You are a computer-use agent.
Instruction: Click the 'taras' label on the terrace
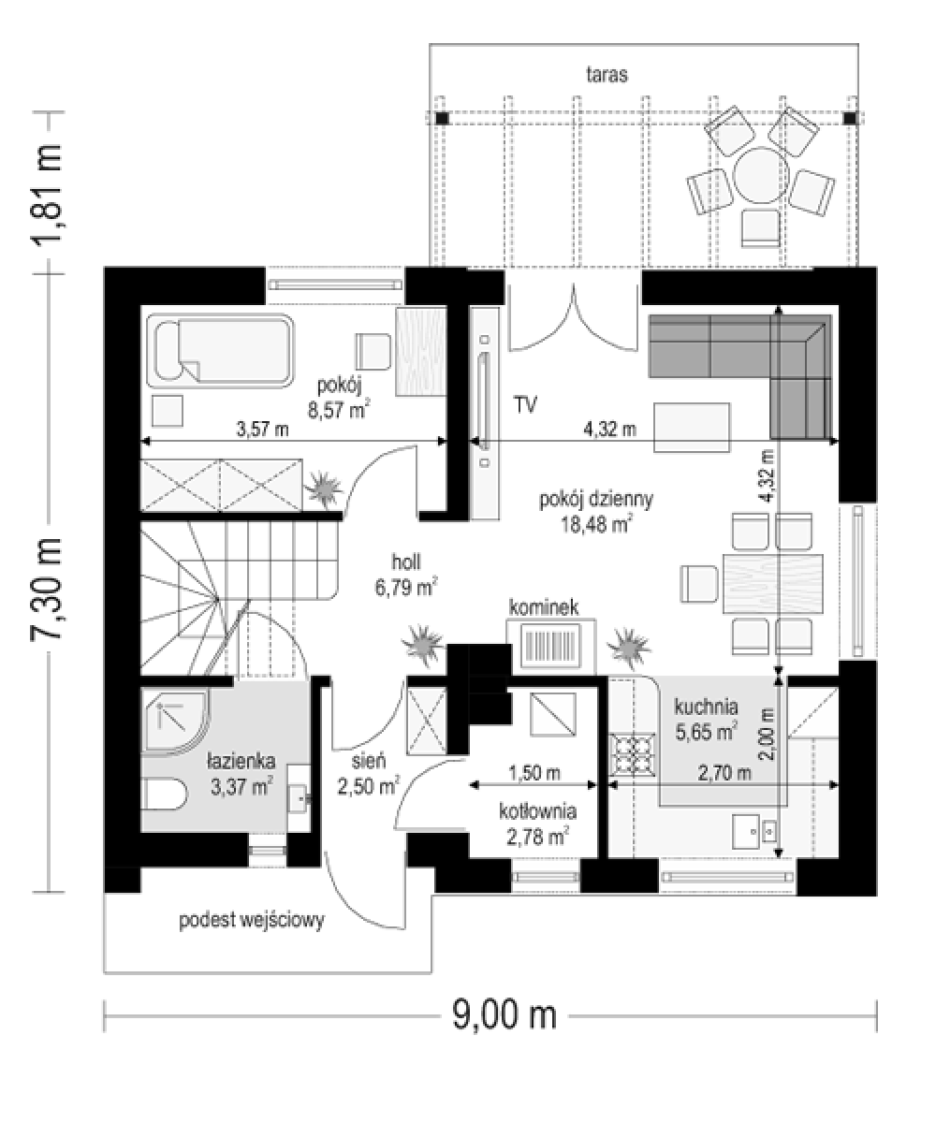coord(607,75)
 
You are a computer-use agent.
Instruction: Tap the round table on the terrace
coord(761,175)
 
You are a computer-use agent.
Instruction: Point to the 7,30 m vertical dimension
coord(48,589)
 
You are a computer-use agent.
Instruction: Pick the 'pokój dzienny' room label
coord(596,499)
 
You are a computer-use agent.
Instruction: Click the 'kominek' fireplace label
coord(544,607)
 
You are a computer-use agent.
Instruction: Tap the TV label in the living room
coord(525,404)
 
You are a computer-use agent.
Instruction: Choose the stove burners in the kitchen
coord(633,755)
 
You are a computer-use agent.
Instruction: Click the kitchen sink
coord(754,832)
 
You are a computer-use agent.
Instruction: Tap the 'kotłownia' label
coord(538,811)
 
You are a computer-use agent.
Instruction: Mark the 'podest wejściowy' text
coord(252,920)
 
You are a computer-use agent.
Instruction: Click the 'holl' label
coord(405,562)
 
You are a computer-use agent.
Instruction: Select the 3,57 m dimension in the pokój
coord(262,430)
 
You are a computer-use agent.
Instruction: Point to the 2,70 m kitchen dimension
coord(724,773)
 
